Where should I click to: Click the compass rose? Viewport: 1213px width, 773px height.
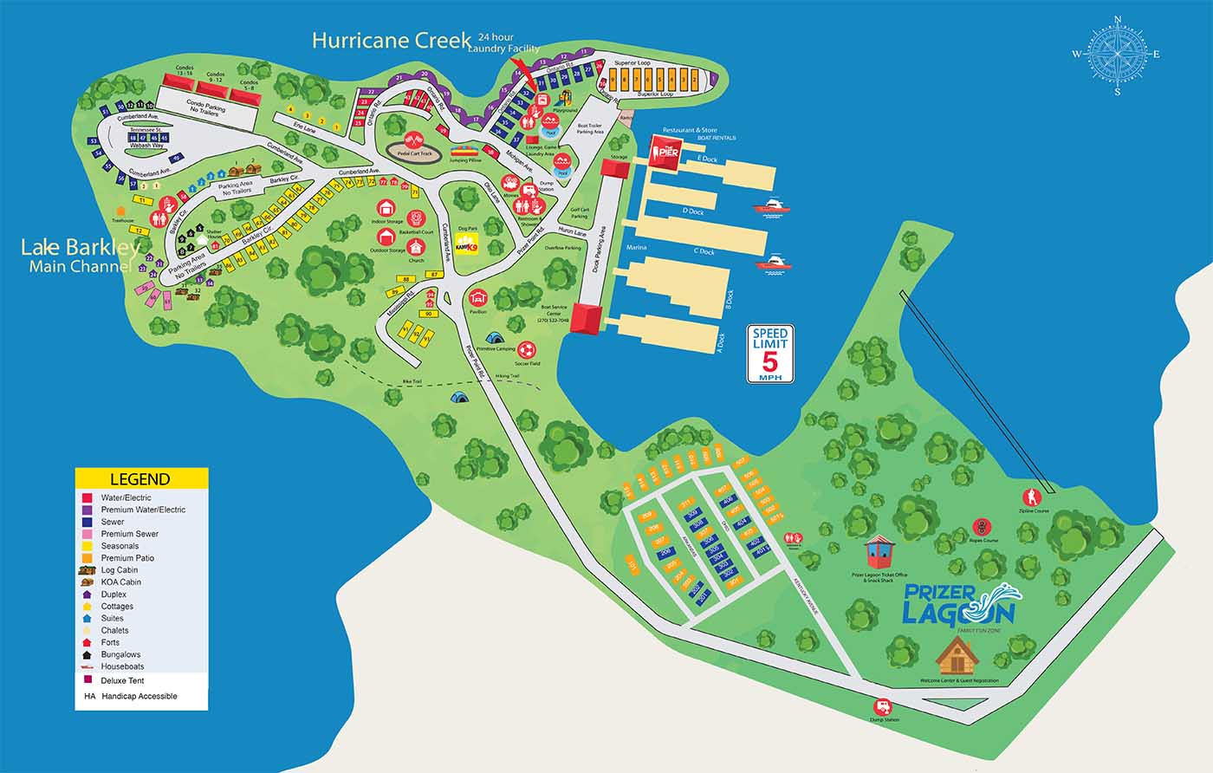click(1117, 55)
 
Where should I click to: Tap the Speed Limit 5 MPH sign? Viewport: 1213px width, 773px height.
click(770, 354)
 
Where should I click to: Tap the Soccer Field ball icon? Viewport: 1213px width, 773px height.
click(526, 350)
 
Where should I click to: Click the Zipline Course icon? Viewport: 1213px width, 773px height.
click(1032, 497)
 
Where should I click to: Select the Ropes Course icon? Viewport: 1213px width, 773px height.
click(981, 527)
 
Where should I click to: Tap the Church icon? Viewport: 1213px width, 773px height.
click(417, 248)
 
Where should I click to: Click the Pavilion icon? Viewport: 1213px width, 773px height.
click(476, 296)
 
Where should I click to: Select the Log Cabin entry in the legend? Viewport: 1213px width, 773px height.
click(120, 570)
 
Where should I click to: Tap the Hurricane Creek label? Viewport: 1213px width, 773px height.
click(392, 40)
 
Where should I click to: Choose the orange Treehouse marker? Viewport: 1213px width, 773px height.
click(120, 211)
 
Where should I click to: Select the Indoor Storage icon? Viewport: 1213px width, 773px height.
click(386, 209)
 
